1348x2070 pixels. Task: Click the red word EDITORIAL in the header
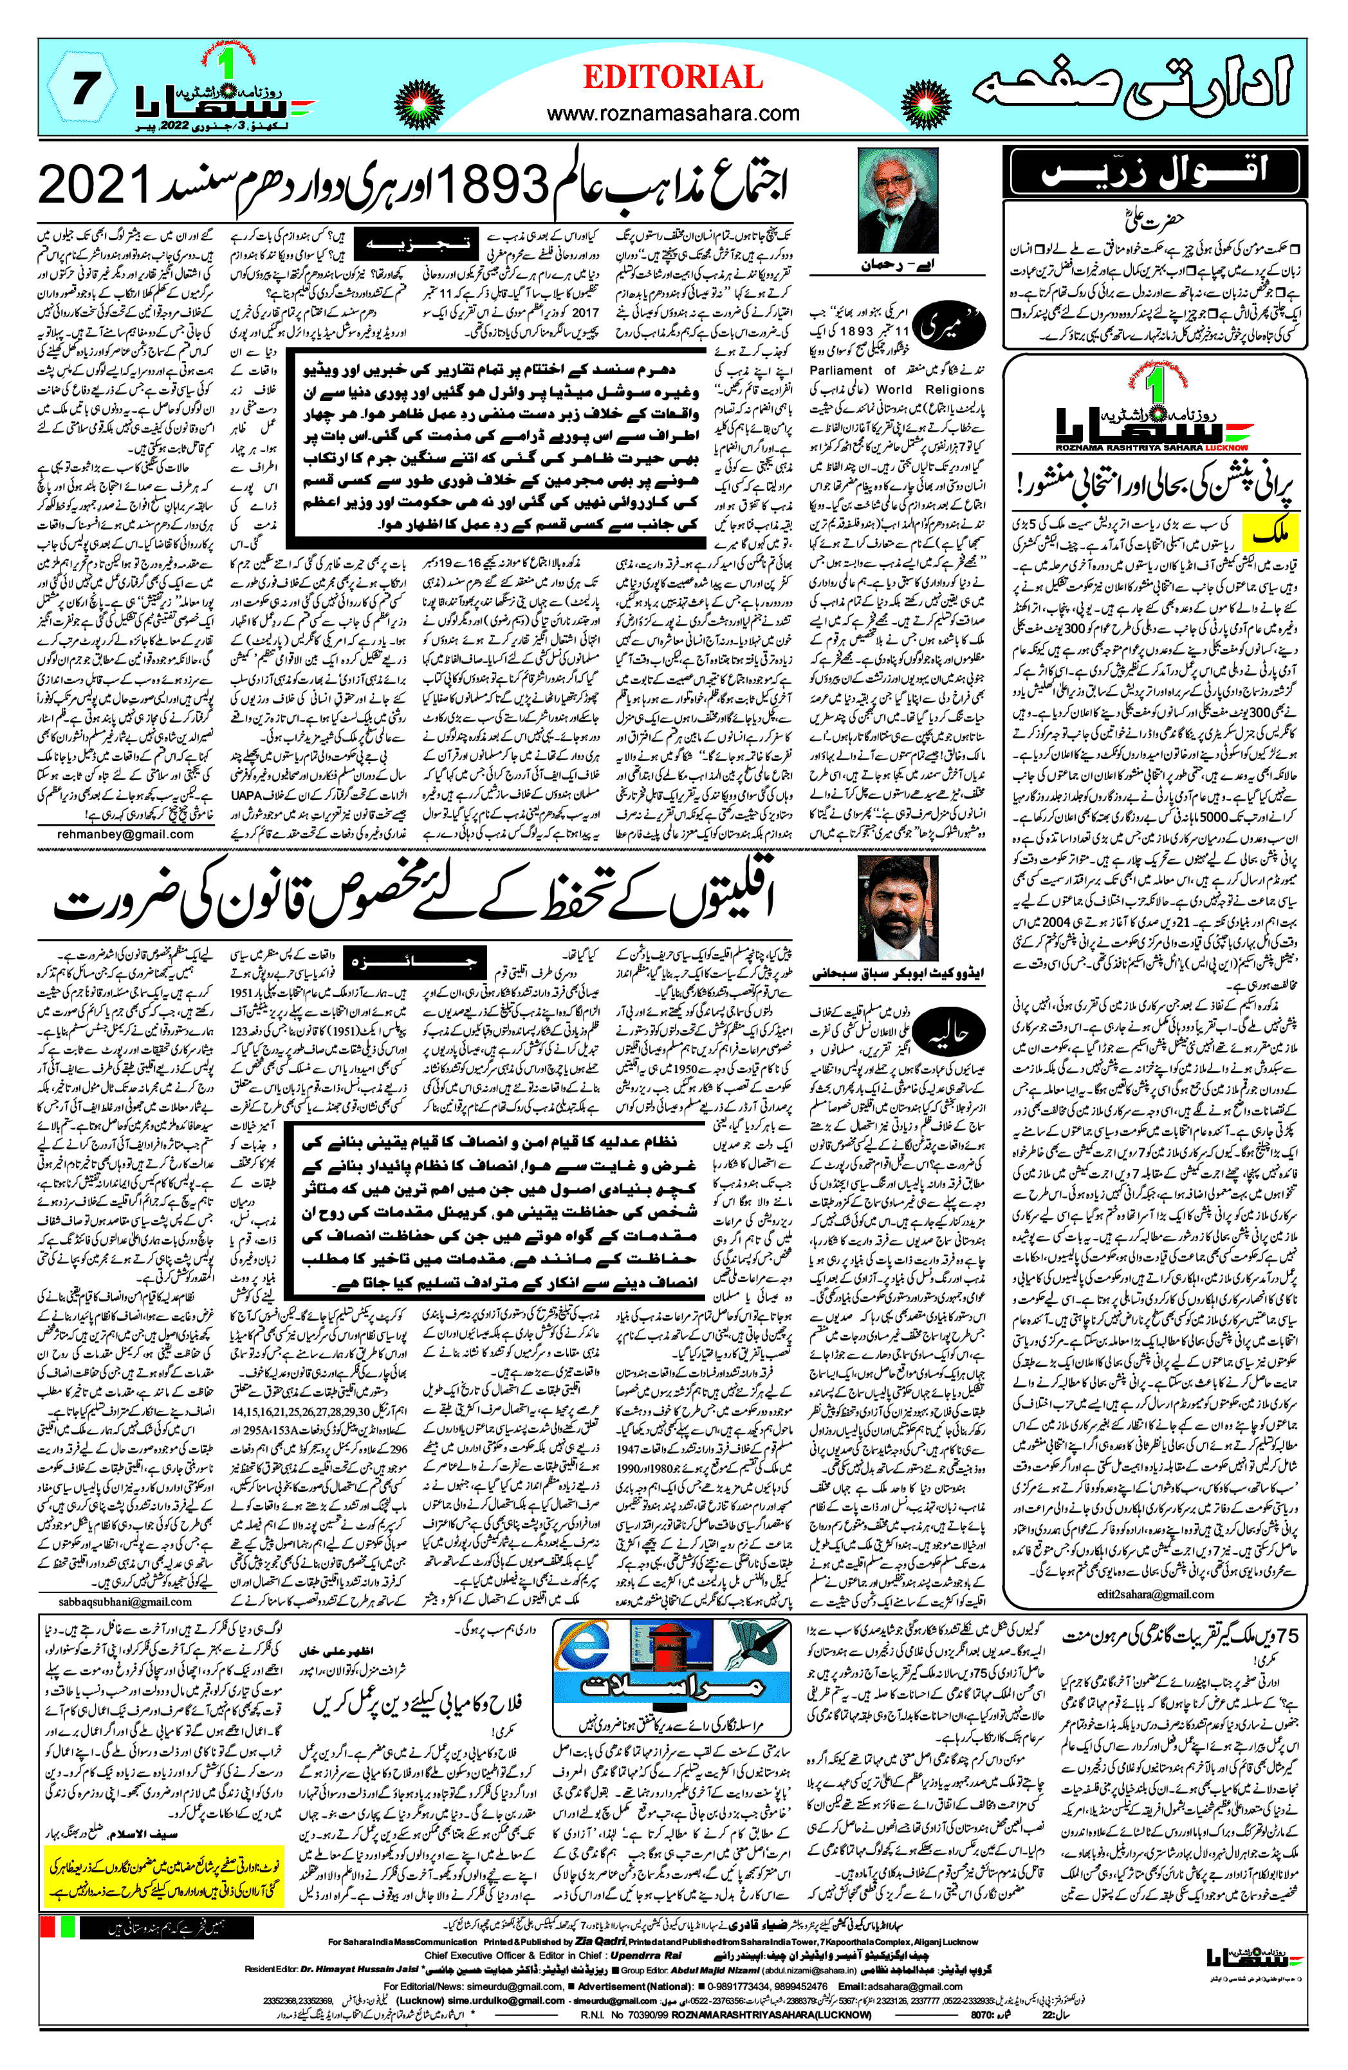click(x=672, y=79)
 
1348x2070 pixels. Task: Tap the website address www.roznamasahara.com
click(x=672, y=113)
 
